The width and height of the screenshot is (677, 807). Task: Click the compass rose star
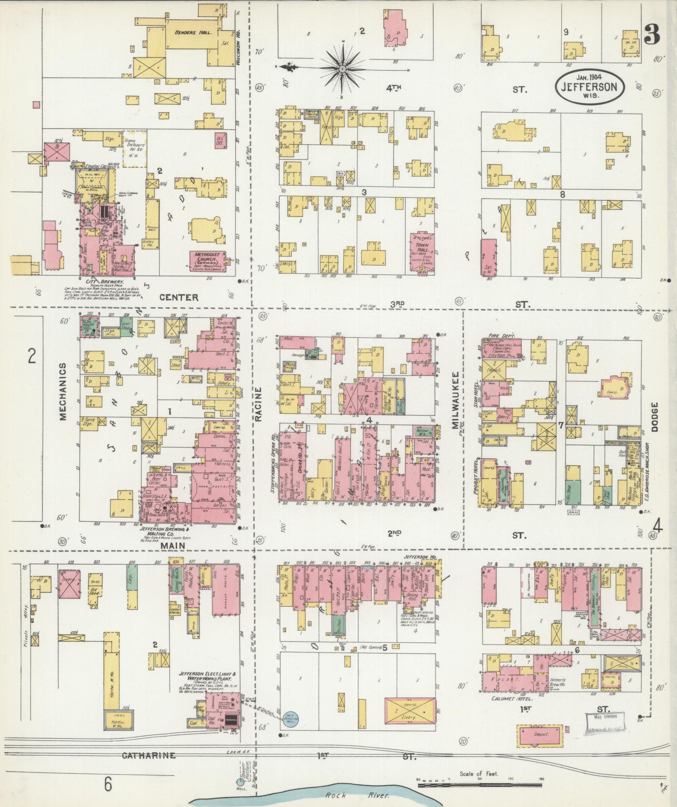point(342,68)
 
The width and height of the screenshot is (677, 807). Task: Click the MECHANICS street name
point(63,392)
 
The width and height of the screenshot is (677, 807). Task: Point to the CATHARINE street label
point(149,755)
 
